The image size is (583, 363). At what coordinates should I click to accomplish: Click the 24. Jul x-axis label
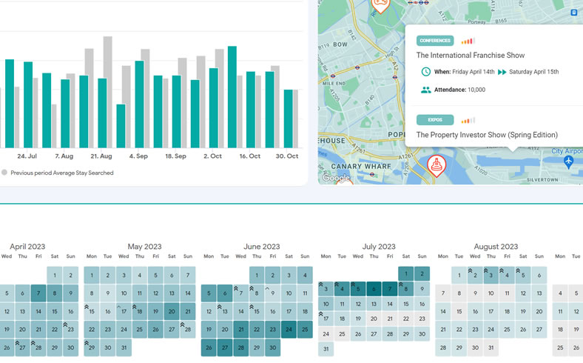click(27, 156)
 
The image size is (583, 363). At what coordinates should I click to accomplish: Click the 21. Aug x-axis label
click(101, 156)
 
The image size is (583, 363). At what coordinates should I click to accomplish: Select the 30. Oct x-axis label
click(287, 156)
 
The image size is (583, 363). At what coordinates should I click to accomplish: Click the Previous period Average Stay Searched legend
click(61, 173)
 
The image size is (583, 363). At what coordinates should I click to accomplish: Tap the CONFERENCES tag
click(435, 41)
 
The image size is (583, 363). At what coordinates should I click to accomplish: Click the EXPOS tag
click(435, 120)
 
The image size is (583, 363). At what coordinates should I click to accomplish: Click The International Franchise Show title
click(470, 56)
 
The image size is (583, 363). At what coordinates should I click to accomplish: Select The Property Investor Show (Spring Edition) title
click(487, 135)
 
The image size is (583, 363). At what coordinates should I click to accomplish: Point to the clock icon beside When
click(426, 72)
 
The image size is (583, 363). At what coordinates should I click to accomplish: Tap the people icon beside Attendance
click(426, 90)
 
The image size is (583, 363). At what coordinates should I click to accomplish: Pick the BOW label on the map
click(340, 44)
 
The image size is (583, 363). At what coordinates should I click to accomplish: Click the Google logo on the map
click(336, 178)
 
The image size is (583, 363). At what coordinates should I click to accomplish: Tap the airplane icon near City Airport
click(568, 161)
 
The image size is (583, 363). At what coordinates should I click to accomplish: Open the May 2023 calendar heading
click(144, 247)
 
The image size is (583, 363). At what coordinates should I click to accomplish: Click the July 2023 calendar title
click(379, 247)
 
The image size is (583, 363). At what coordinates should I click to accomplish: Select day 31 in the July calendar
click(326, 348)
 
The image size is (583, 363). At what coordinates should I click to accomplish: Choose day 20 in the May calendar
click(172, 311)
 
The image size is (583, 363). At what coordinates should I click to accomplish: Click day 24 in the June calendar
click(289, 330)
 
